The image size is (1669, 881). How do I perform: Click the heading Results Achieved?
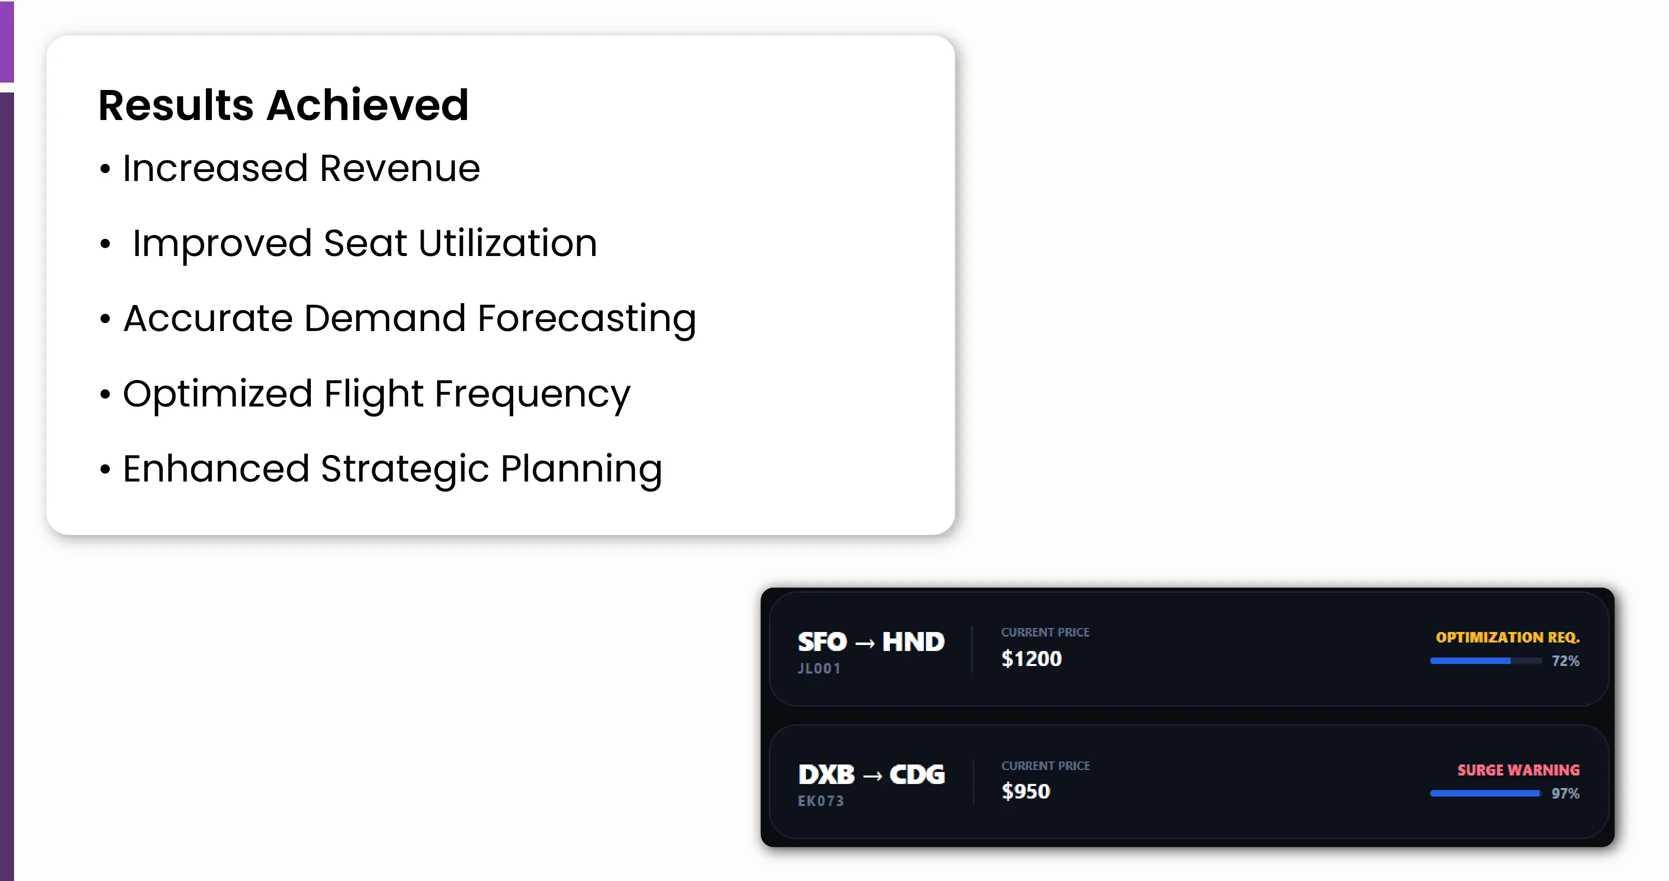pyautogui.click(x=283, y=105)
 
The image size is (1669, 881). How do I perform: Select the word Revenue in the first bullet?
pyautogui.click(x=400, y=168)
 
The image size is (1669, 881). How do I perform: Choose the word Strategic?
pyautogui.click(x=405, y=470)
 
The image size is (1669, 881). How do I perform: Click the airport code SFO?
pyautogui.click(x=822, y=642)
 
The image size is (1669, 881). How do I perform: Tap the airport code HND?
pyautogui.click(x=913, y=642)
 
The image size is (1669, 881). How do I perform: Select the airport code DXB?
pyautogui.click(x=827, y=774)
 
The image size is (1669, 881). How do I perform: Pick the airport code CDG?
pyautogui.click(x=917, y=774)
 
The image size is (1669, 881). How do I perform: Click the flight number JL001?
pyautogui.click(x=819, y=668)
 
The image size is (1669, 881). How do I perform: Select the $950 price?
pyautogui.click(x=1025, y=791)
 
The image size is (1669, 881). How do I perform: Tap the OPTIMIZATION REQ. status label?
pyautogui.click(x=1508, y=637)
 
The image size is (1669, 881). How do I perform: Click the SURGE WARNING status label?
pyautogui.click(x=1518, y=770)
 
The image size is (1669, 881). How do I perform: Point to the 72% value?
pyautogui.click(x=1566, y=661)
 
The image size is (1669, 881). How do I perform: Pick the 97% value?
pyautogui.click(x=1566, y=793)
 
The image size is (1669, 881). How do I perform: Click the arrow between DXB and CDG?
pyautogui.click(x=872, y=776)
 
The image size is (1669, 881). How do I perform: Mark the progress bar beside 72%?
pyautogui.click(x=1486, y=661)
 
